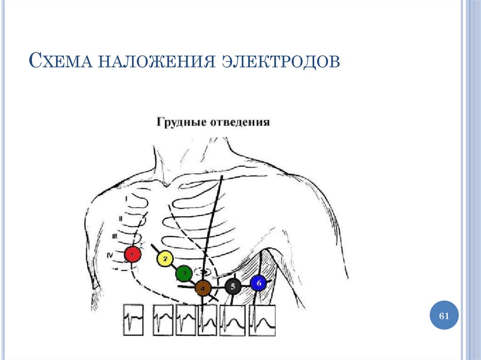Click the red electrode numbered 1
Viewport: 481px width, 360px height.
132,254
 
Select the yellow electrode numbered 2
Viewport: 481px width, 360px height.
165,259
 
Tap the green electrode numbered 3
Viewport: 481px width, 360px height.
183,273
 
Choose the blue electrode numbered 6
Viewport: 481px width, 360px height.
258,283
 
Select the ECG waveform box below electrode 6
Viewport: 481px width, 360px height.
262,320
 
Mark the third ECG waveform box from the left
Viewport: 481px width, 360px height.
186,320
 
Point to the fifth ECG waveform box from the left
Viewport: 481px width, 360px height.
233,320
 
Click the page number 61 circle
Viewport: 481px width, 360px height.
444,316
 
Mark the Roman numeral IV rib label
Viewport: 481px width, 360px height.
110,255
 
